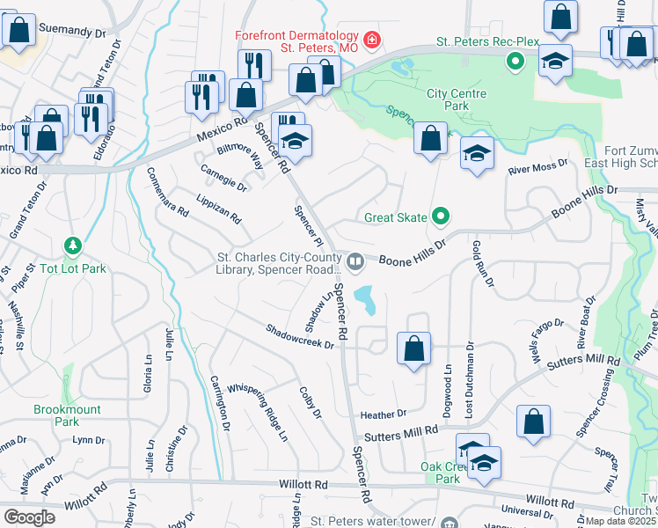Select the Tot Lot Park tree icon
click(74, 244)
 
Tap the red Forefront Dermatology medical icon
click(372, 40)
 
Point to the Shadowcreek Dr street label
click(301, 335)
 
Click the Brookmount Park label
click(68, 415)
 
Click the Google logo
click(29, 517)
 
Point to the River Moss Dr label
click(537, 164)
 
